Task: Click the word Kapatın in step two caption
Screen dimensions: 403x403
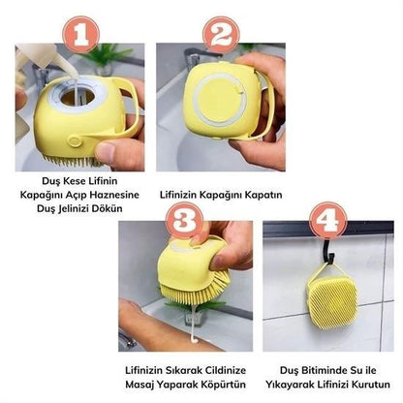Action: pos(261,194)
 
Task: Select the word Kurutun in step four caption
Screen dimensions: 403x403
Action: pos(354,383)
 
